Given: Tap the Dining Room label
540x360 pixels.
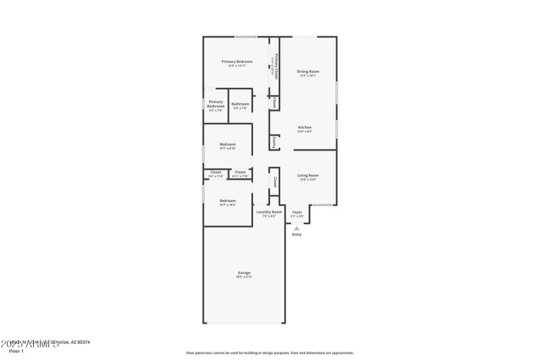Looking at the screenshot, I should (x=308, y=71).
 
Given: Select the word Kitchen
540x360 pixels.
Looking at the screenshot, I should (x=305, y=127).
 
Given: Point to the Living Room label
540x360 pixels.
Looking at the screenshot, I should (x=308, y=176).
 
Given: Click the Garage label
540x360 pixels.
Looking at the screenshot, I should (x=244, y=273).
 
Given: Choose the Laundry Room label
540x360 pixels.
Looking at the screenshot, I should (x=268, y=212).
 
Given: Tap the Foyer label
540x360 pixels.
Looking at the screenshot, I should (x=297, y=212).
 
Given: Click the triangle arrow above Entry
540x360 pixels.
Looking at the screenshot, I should (x=296, y=228).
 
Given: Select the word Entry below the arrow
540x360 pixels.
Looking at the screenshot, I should (x=296, y=234).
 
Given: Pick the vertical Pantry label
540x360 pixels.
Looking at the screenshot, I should (x=275, y=142).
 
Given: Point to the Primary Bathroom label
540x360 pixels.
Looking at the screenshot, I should (x=215, y=103).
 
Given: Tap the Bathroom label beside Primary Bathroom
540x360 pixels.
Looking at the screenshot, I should (x=240, y=104).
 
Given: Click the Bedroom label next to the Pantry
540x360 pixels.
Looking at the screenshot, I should (x=227, y=145).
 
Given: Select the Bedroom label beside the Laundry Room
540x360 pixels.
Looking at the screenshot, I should (x=227, y=200).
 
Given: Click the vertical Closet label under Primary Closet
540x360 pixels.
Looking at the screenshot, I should (x=275, y=103).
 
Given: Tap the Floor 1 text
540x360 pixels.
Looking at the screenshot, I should (x=16, y=351).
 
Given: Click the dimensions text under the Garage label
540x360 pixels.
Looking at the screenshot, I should (x=244, y=277).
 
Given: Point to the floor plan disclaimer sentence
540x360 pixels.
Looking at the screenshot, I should (x=269, y=353).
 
